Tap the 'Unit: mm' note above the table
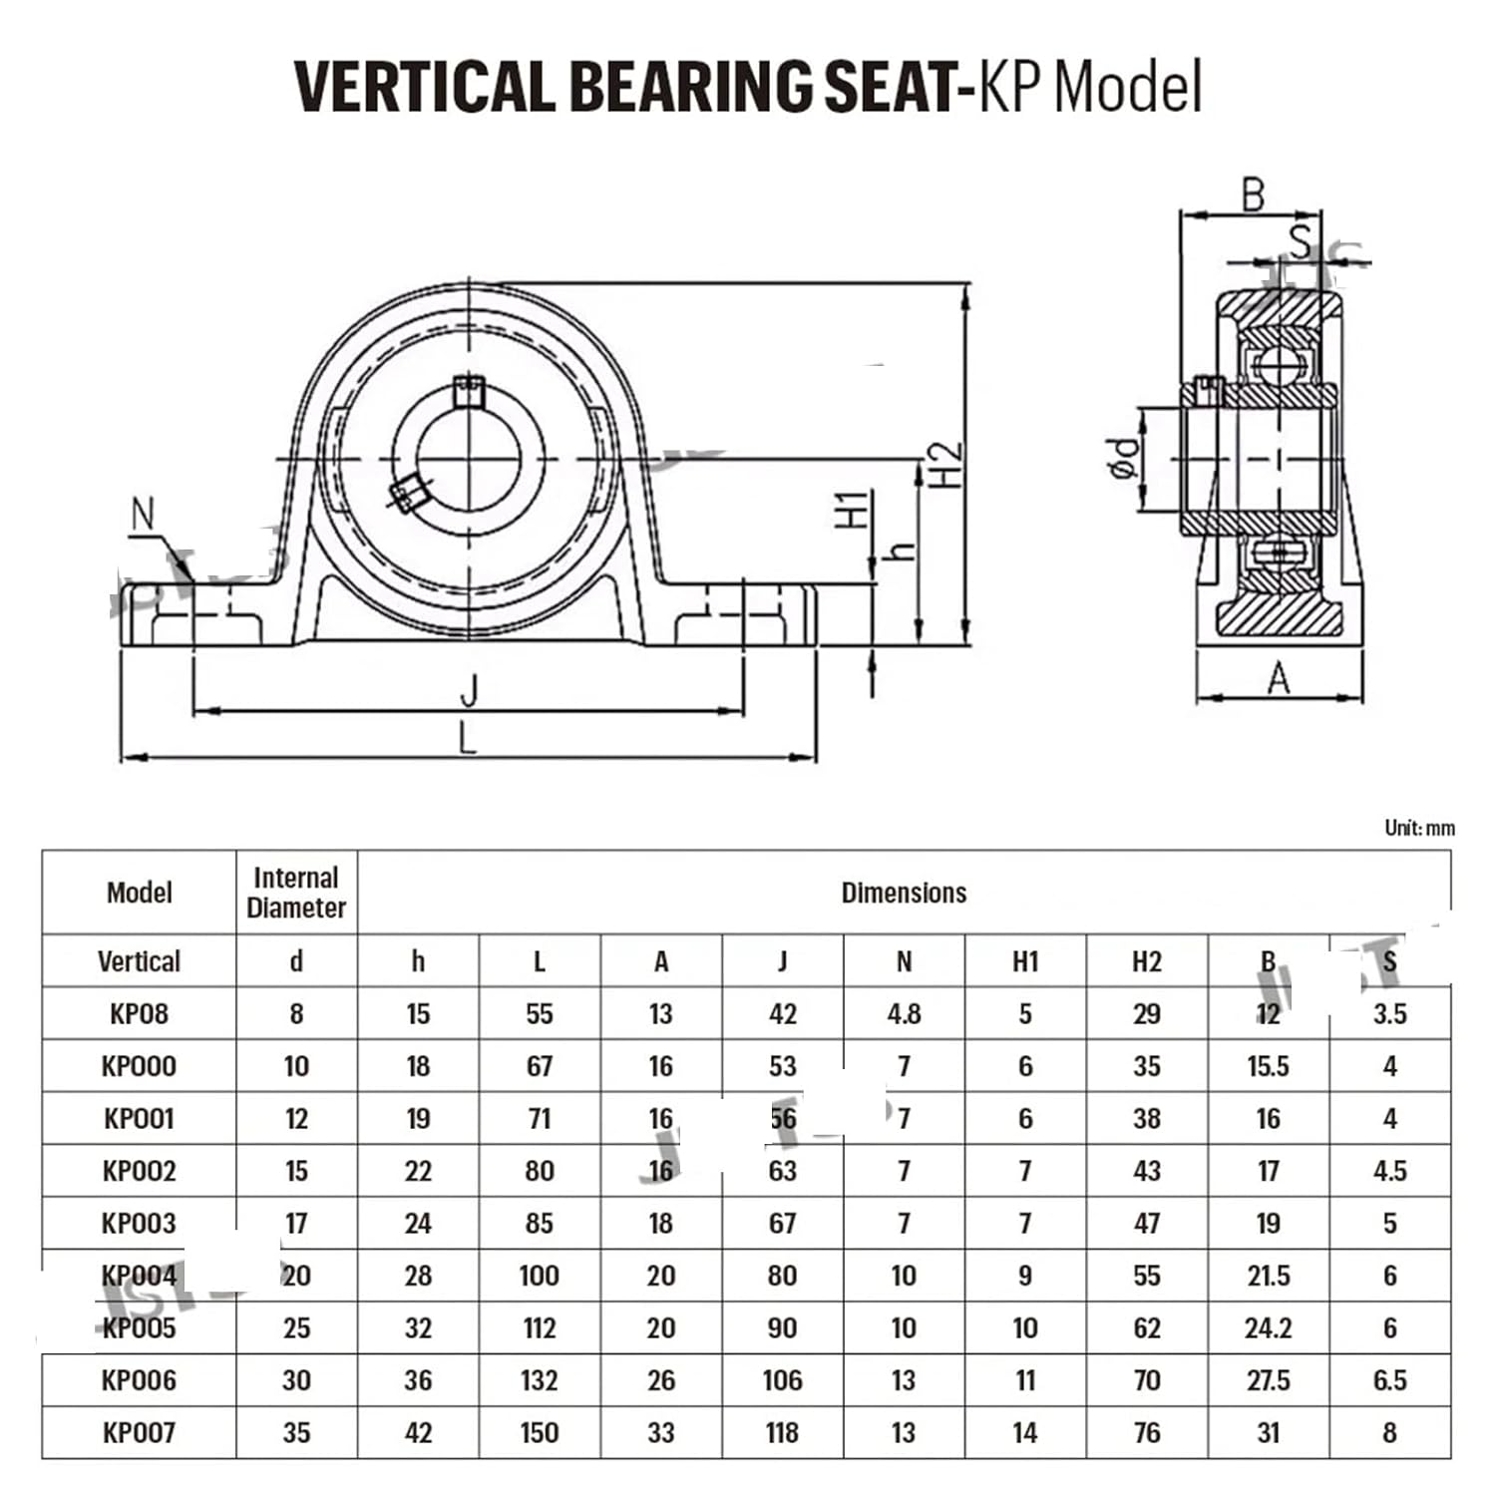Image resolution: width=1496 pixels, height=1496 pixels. click(1418, 828)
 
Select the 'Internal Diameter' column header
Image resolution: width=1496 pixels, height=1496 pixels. click(296, 893)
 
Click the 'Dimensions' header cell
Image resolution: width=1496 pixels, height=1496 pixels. click(904, 893)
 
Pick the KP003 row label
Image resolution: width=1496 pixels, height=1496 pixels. click(139, 1223)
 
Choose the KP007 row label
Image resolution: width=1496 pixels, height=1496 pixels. click(139, 1432)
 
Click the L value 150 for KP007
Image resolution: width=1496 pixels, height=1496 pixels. click(539, 1432)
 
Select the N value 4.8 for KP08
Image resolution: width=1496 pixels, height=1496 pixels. click(904, 1014)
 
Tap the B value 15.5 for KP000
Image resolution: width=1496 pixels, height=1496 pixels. click(1268, 1066)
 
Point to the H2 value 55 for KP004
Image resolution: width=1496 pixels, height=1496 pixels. click(1146, 1276)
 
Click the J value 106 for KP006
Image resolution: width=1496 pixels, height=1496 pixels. click(782, 1380)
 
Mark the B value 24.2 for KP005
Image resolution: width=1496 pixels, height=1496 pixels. click(1268, 1327)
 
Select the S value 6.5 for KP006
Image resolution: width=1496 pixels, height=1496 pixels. click(1389, 1380)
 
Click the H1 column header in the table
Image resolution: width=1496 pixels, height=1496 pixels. click(1025, 961)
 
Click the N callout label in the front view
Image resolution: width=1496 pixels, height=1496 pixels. click(144, 515)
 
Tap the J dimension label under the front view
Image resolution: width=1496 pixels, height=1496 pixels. click(469, 689)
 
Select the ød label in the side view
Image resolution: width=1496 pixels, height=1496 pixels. click(1125, 459)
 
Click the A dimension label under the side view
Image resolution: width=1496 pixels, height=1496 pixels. click(1279, 679)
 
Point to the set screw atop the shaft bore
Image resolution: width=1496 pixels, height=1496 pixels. click(468, 390)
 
